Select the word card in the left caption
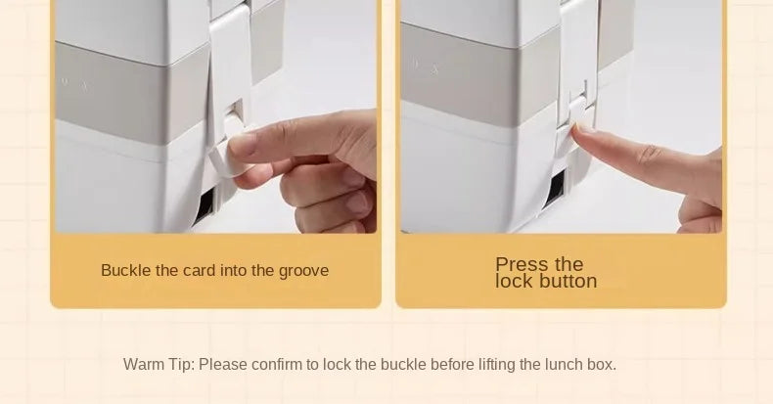tap(200, 270)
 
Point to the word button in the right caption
tap(568, 282)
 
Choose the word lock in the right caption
tap(515, 282)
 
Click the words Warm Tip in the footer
tap(159, 365)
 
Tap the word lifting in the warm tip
tap(497, 365)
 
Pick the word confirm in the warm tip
tap(277, 365)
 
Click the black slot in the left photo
tap(204, 205)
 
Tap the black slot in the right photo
tap(555, 189)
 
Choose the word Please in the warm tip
tap(223, 365)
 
